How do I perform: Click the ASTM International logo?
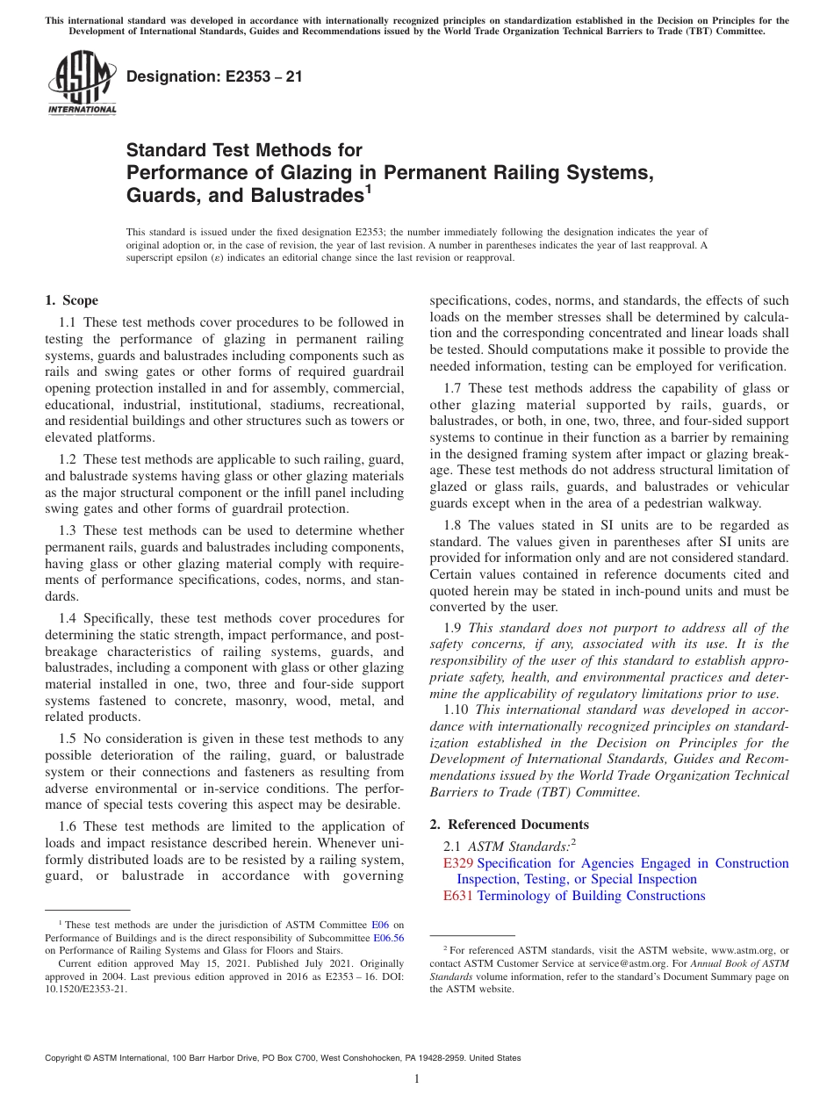click(x=82, y=83)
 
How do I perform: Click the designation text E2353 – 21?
click(x=214, y=76)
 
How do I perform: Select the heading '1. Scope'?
click(x=71, y=300)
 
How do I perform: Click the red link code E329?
click(x=459, y=863)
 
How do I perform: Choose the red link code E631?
click(x=459, y=896)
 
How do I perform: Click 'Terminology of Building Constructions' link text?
click(x=591, y=896)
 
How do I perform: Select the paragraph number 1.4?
click(x=69, y=618)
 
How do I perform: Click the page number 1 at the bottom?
click(x=417, y=1078)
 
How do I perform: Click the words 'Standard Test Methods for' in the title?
click(x=244, y=150)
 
